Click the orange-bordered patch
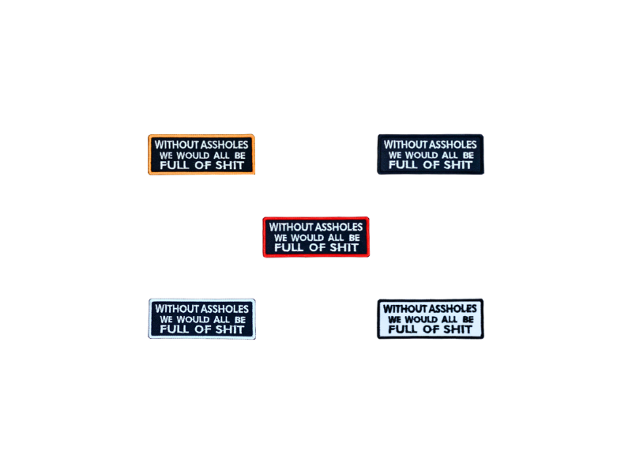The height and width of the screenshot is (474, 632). click(x=201, y=154)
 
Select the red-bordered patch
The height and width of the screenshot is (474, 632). click(x=316, y=237)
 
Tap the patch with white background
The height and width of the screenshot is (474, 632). click(x=431, y=319)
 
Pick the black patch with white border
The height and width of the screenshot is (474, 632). click(x=202, y=319)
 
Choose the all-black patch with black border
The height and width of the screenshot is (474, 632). click(x=431, y=154)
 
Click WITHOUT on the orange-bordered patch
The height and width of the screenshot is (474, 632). click(x=177, y=145)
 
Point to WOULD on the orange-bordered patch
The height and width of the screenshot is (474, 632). click(x=193, y=155)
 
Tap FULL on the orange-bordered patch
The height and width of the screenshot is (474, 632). click(x=175, y=165)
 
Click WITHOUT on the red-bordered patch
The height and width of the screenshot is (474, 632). click(x=292, y=227)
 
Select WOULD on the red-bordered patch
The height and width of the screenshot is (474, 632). click(x=307, y=238)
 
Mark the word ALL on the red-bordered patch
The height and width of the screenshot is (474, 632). click(x=336, y=238)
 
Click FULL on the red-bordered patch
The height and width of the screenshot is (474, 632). click(x=289, y=248)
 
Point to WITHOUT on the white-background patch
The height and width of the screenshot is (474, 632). click(x=405, y=309)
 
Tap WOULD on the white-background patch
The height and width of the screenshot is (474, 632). click(x=421, y=320)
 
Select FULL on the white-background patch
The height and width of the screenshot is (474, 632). click(x=403, y=329)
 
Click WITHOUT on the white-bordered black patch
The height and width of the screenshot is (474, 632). click(x=177, y=309)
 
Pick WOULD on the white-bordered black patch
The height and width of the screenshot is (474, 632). click(x=194, y=320)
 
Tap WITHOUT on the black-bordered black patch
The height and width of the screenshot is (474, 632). click(x=406, y=145)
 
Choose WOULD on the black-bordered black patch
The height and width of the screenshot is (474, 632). click(x=422, y=155)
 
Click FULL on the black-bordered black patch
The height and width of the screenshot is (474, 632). click(x=404, y=165)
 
